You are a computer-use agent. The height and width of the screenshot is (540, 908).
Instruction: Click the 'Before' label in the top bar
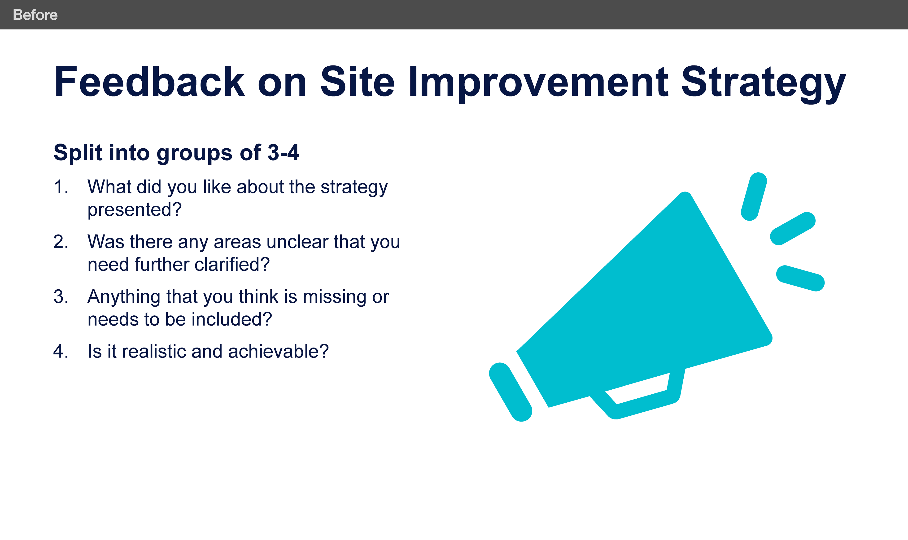click(x=35, y=15)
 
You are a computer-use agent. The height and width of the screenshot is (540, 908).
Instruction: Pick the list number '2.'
click(x=61, y=242)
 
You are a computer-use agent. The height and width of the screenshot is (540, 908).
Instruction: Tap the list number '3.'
click(x=61, y=296)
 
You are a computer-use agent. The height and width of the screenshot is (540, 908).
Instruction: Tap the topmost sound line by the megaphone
click(x=754, y=196)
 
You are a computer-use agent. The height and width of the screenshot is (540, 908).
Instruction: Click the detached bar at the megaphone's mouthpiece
click(x=511, y=392)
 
